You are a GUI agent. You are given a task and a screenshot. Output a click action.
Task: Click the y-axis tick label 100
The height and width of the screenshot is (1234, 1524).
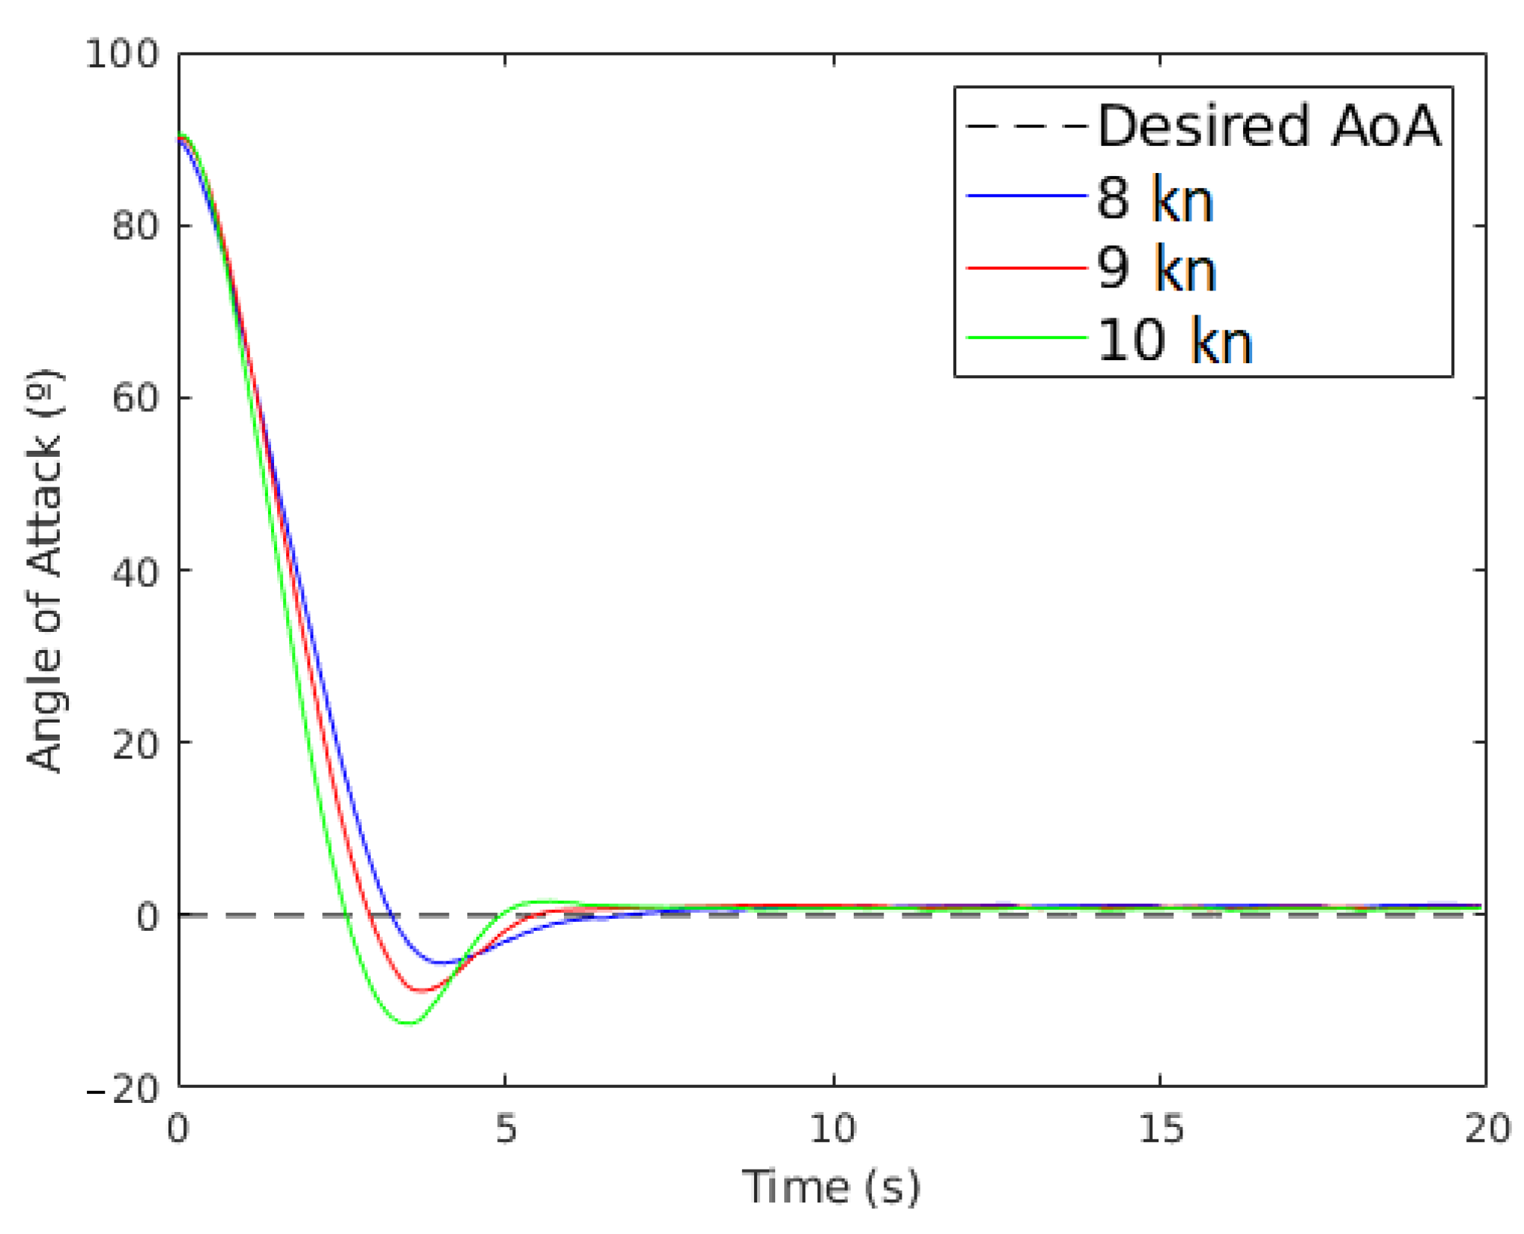pyautogui.click(x=122, y=55)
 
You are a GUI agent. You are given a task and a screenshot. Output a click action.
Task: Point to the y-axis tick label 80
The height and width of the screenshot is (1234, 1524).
pyautogui.click(x=136, y=226)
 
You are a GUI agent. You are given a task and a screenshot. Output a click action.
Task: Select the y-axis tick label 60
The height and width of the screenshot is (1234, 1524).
pyautogui.click(x=136, y=398)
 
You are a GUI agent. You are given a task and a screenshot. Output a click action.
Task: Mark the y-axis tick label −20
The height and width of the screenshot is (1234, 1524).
pyautogui.click(x=124, y=1088)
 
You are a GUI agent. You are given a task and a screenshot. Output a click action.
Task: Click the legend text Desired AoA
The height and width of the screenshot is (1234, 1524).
pyautogui.click(x=1269, y=126)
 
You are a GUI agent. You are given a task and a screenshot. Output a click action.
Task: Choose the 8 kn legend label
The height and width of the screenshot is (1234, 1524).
pyautogui.click(x=1155, y=198)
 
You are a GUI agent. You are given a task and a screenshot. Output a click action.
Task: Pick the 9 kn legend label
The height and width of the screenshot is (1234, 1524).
pyautogui.click(x=1156, y=269)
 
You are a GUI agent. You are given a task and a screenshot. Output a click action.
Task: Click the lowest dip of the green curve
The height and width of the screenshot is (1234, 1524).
pyautogui.click(x=409, y=1023)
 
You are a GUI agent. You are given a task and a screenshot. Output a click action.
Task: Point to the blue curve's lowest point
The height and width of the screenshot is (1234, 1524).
pyautogui.click(x=443, y=963)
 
